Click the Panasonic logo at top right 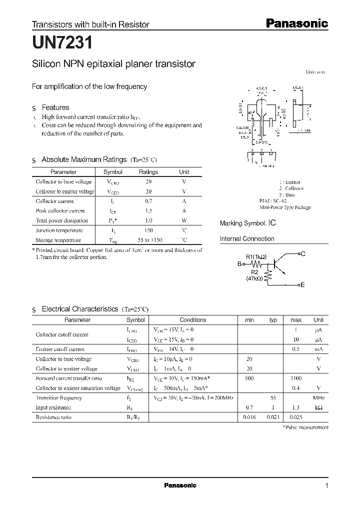click(295, 23)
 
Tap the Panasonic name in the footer click(180, 485)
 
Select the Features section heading click(55, 107)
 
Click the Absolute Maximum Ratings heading click(83, 159)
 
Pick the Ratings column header click(148, 172)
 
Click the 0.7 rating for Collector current click(148, 201)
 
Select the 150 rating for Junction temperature click(148, 230)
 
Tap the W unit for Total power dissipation click(184, 220)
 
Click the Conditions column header click(192, 320)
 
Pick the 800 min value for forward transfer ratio click(249, 378)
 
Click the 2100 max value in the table click(296, 378)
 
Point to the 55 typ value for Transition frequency click(273, 398)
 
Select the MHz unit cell click(318, 398)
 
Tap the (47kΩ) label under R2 click(255, 279)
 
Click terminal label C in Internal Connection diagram click(303, 254)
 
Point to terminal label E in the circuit click(302, 284)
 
